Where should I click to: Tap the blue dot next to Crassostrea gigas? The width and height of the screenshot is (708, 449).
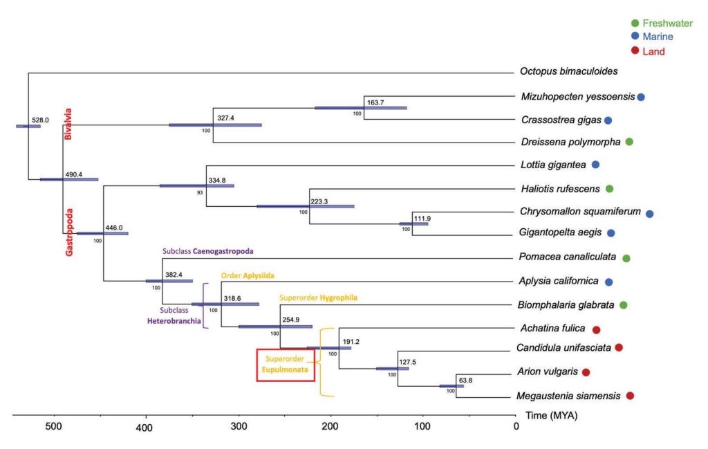coord(608,120)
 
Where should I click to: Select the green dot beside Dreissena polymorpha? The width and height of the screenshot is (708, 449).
coord(629,143)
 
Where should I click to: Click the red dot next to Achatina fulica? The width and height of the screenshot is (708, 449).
coord(596,329)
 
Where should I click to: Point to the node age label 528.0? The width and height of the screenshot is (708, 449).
coord(41,120)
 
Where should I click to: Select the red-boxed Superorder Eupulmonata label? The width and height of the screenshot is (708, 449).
coord(286,365)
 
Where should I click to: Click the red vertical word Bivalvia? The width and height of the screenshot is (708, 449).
coord(68,125)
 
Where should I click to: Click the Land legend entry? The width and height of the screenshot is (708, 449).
coord(651,51)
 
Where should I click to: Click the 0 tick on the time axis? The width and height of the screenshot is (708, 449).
coord(516,426)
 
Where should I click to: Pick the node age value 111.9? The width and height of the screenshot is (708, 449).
coord(422,219)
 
